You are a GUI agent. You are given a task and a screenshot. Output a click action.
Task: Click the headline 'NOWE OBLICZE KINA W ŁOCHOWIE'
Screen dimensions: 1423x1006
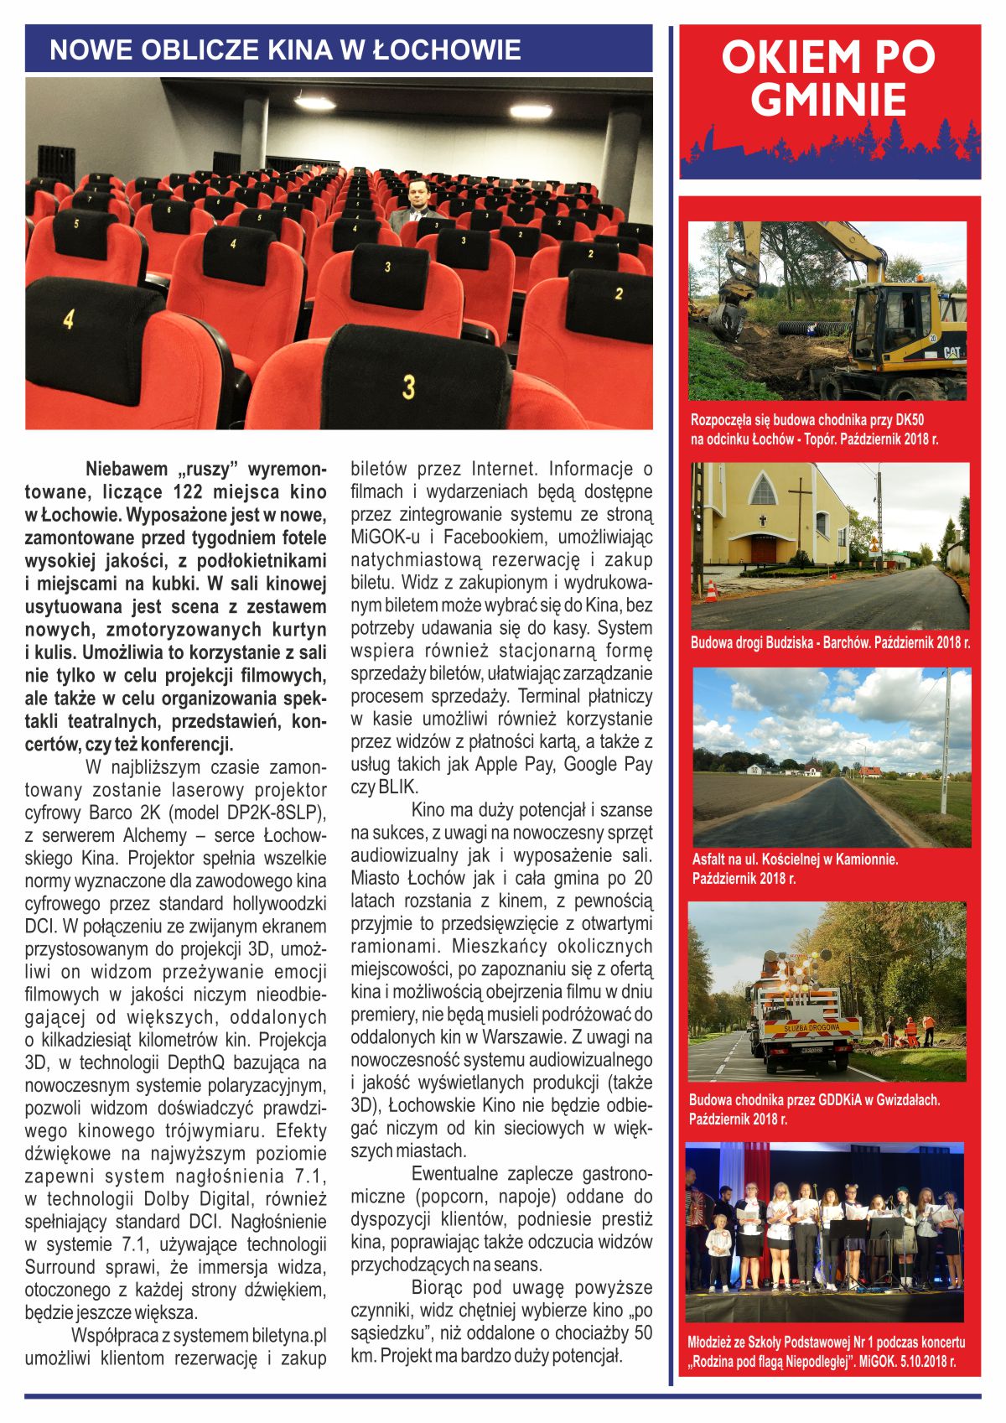285,49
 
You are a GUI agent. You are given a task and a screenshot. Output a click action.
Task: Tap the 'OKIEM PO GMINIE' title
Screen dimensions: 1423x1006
828,78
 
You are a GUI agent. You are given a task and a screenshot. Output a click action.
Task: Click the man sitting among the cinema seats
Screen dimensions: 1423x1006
417,205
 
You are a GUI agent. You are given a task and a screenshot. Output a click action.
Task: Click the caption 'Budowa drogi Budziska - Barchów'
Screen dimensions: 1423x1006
830,642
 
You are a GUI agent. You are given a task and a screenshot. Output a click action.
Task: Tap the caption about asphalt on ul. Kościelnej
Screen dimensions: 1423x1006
795,868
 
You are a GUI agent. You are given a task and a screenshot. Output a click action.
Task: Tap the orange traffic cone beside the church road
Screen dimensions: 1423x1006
711,592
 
